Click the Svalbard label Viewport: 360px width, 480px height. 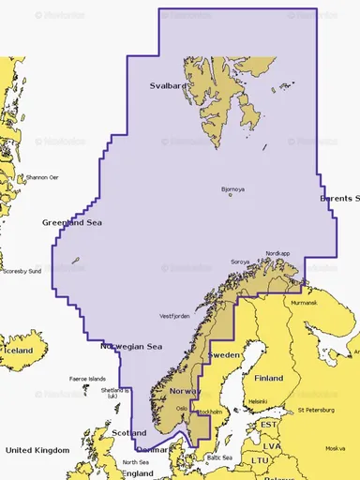click(x=169, y=85)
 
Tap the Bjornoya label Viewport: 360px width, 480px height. click(x=232, y=189)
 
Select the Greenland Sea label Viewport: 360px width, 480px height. click(x=71, y=222)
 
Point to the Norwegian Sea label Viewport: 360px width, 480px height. click(x=132, y=346)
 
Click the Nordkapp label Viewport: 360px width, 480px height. click(x=278, y=252)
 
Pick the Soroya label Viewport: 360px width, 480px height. click(x=241, y=262)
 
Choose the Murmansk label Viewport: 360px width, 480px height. click(x=304, y=303)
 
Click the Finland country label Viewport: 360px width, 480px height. click(x=269, y=378)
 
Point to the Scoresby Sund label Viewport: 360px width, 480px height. click(x=21, y=271)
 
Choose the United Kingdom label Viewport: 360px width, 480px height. click(x=37, y=451)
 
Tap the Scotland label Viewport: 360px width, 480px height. click(x=128, y=433)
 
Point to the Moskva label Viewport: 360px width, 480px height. click(x=334, y=448)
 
